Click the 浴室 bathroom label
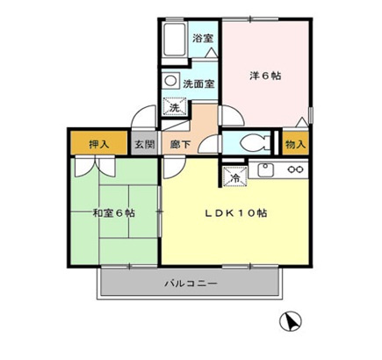[203, 39]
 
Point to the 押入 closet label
[99, 144]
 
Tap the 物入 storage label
[295, 143]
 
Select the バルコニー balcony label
[191, 284]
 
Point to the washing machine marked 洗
[174, 108]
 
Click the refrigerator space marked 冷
[234, 176]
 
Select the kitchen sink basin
[267, 169]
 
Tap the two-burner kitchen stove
[296, 169]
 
